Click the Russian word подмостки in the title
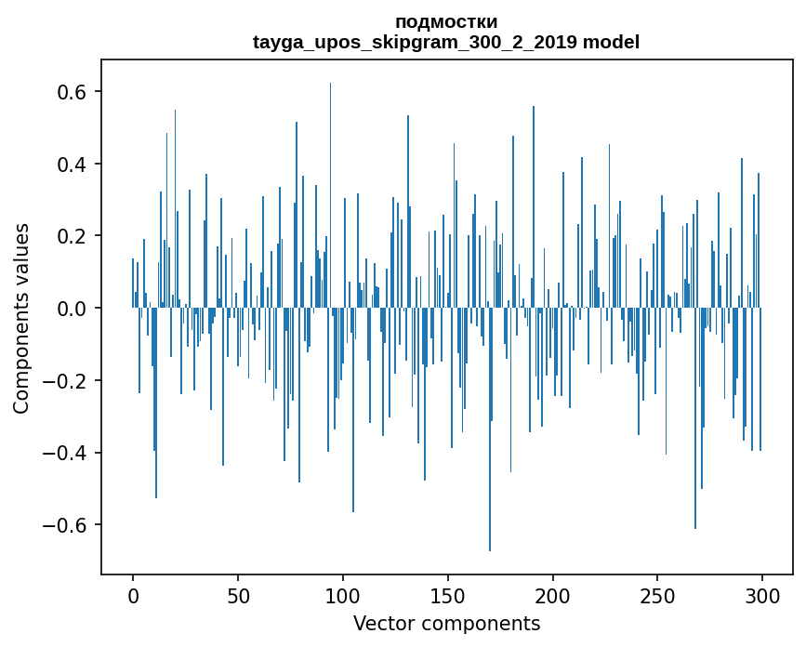tap(446, 22)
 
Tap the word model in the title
tap(618, 43)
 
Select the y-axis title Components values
tap(21, 318)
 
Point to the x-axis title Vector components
tap(446, 623)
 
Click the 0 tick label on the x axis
tap(133, 594)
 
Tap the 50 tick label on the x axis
tap(238, 594)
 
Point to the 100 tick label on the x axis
tap(343, 594)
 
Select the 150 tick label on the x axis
tap(448, 594)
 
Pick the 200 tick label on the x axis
tap(553, 594)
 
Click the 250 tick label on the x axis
tap(658, 594)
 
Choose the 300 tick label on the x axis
tap(763, 594)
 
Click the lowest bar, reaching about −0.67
tap(490, 465)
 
